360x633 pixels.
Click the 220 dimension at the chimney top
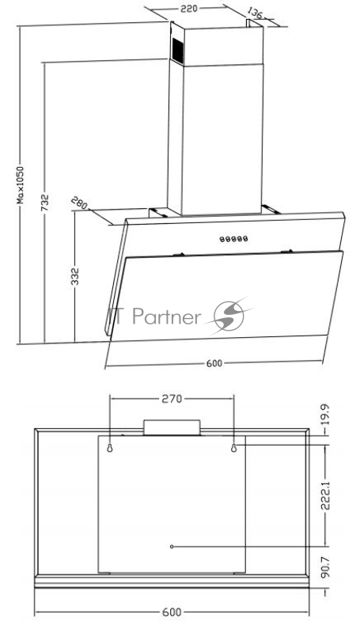(x=188, y=9)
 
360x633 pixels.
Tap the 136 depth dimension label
(x=254, y=13)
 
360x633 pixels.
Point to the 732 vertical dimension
(x=45, y=203)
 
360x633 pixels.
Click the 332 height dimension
(x=75, y=276)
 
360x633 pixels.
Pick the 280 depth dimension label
(x=79, y=203)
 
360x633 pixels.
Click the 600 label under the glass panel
(x=214, y=363)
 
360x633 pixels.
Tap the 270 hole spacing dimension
(x=172, y=399)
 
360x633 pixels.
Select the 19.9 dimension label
(x=326, y=414)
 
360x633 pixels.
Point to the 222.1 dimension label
(x=326, y=495)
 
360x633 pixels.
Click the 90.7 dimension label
(x=326, y=567)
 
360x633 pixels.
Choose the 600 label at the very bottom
(x=172, y=612)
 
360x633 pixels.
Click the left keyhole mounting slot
(x=109, y=448)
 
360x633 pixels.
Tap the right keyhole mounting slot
(x=233, y=448)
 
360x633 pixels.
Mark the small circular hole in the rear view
(x=172, y=547)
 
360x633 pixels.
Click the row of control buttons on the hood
(x=233, y=239)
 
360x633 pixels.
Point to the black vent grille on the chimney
(x=177, y=51)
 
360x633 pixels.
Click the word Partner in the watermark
(x=166, y=317)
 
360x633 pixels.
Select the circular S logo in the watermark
(x=229, y=316)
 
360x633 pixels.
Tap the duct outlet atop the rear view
(x=172, y=427)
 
